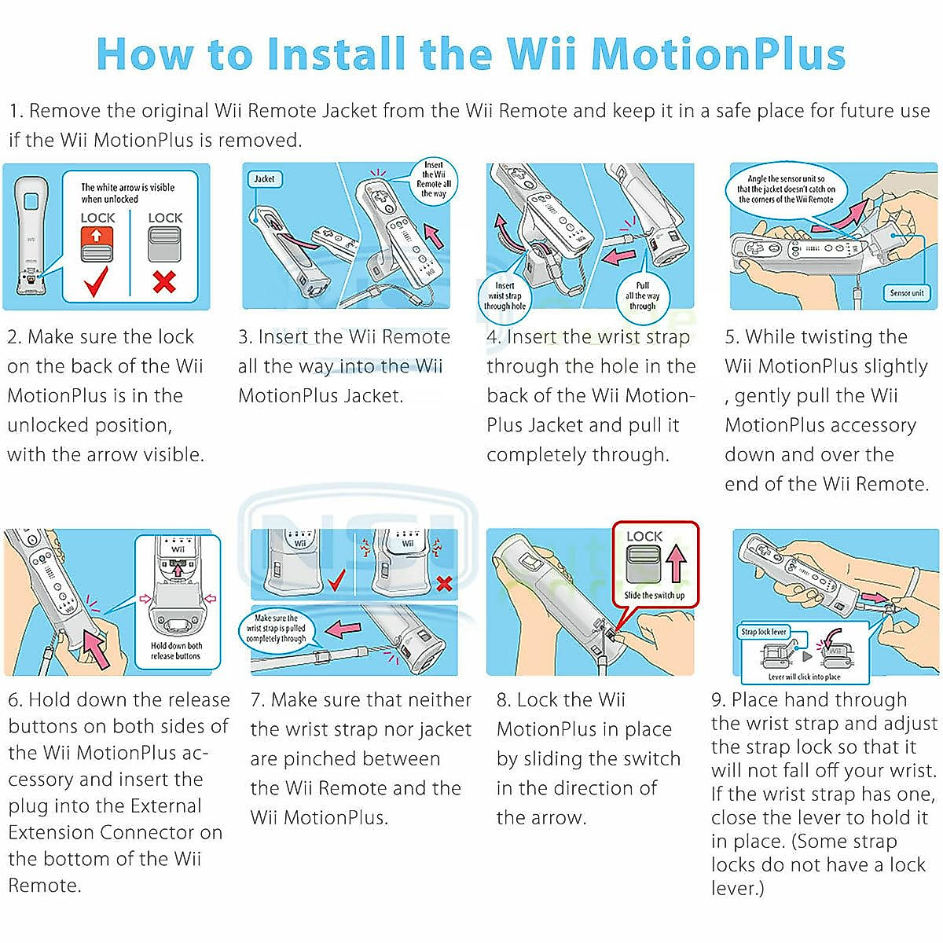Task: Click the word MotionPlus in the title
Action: [x=717, y=53]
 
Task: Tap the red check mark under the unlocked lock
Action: [x=97, y=281]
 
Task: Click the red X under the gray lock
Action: [x=164, y=281]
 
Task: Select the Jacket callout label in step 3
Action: [x=264, y=178]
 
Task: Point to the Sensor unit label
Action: [x=906, y=292]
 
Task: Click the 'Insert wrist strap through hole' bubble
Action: [x=505, y=296]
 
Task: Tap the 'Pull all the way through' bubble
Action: [x=642, y=296]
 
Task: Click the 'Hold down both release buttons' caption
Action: [x=176, y=651]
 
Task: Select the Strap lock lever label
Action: [x=763, y=631]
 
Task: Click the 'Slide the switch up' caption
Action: [x=654, y=595]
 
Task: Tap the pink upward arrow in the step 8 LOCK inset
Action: [x=676, y=564]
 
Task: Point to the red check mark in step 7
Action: [x=336, y=582]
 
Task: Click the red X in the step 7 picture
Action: [x=444, y=583]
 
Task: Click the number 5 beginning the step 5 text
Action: [x=731, y=337]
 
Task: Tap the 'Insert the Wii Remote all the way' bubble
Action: [x=434, y=179]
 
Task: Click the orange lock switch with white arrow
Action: [x=97, y=243]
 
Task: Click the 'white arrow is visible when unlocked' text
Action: [x=127, y=193]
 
